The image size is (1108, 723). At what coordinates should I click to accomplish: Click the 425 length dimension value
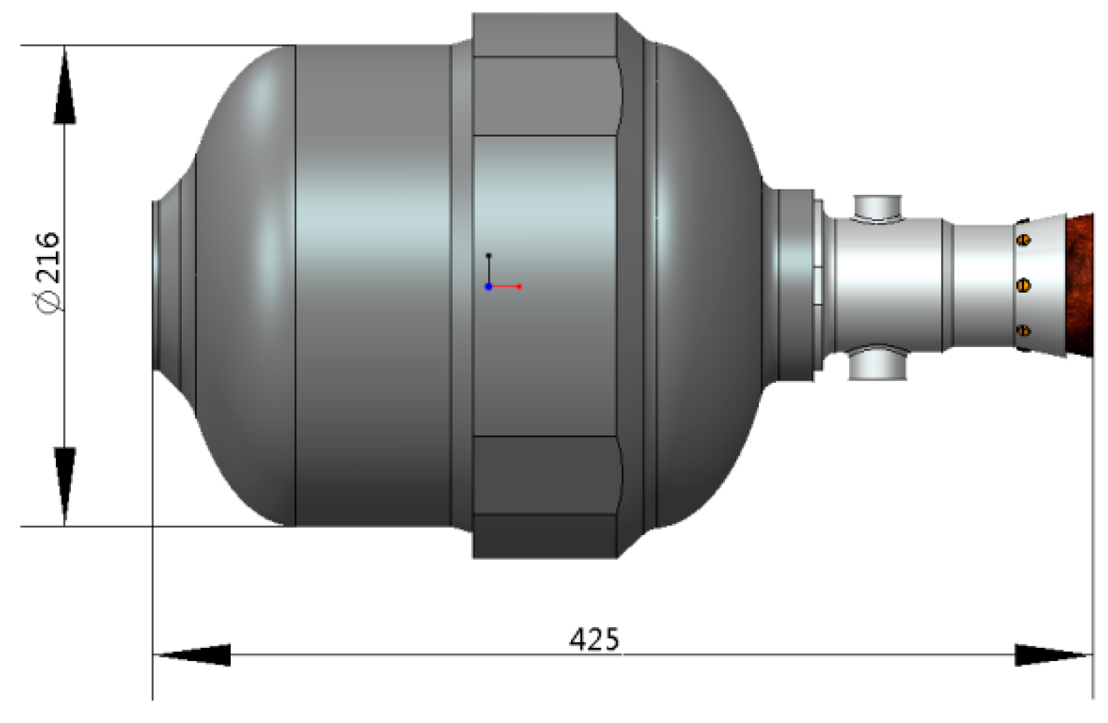point(594,639)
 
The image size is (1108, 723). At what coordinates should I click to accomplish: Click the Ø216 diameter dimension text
point(49,272)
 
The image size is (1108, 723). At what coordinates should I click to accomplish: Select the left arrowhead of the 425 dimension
point(193,655)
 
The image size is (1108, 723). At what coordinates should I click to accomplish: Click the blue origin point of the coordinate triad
point(488,286)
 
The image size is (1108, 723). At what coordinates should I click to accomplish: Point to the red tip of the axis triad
point(519,286)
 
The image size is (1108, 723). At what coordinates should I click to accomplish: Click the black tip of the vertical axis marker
point(489,255)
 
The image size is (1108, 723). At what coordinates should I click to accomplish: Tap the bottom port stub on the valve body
point(877,365)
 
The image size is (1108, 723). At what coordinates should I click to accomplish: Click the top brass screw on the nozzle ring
point(1024,240)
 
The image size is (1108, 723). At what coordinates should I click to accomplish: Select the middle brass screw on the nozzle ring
point(1024,284)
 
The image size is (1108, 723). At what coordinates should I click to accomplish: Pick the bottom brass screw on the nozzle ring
point(1024,331)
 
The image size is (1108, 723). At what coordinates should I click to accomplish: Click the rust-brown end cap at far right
point(1080,285)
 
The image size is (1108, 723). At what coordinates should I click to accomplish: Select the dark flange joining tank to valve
point(792,285)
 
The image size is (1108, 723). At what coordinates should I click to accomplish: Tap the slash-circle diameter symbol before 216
point(50,301)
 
